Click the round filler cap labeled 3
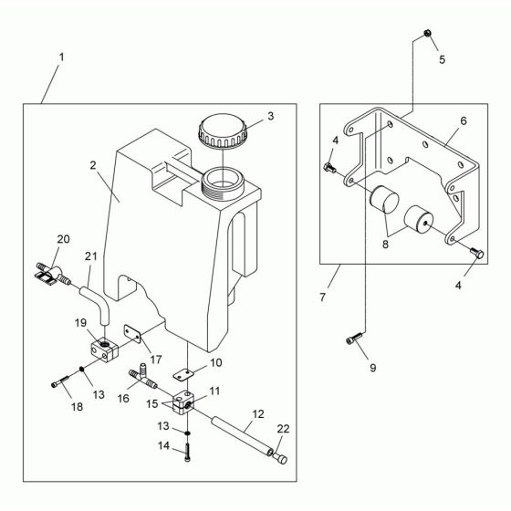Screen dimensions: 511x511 coord(223,130)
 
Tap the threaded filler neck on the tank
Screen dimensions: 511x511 coord(223,184)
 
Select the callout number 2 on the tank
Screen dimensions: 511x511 coord(93,165)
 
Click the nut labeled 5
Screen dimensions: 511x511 coord(428,33)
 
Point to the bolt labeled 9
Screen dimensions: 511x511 coord(354,339)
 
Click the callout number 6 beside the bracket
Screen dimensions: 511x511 coord(464,120)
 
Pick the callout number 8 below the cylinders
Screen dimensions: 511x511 coord(385,245)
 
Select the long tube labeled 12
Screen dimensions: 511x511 coord(242,435)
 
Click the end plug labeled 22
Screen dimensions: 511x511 coord(281,458)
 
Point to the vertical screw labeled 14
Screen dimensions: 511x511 coord(187,452)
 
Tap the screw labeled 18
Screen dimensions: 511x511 coord(60,381)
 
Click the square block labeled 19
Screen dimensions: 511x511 coord(103,349)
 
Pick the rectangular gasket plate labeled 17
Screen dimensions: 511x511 coord(132,333)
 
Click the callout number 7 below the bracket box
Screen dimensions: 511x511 coord(322,297)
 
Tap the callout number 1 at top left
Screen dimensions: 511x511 coord(61,57)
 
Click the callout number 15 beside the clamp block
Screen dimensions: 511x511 coord(151,404)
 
